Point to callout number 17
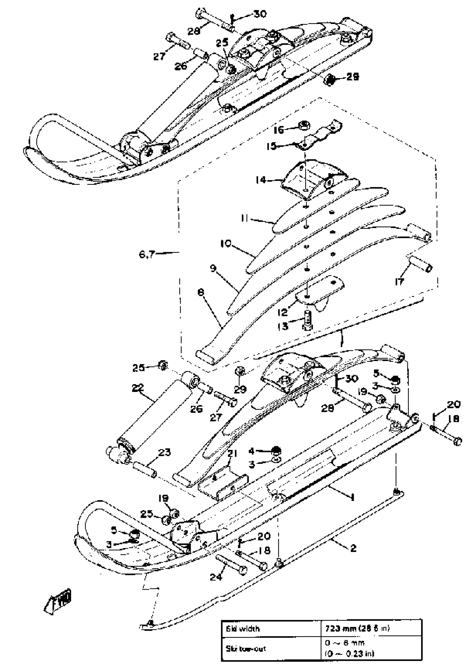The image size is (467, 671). [399, 282]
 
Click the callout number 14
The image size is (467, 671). [261, 180]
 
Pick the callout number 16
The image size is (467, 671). [279, 129]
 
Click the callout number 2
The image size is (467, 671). [353, 548]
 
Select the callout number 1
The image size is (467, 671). [352, 497]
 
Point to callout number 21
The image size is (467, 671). [232, 454]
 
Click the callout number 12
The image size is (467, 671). [283, 313]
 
